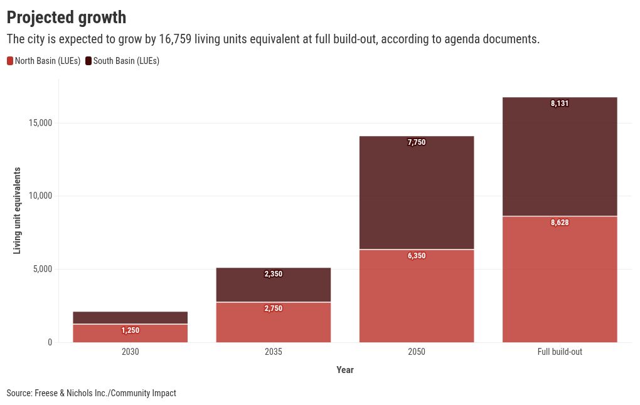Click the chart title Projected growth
point(66,18)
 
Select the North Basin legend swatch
point(10,61)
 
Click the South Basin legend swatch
point(88,61)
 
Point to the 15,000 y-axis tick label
point(41,123)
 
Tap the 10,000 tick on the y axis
point(41,196)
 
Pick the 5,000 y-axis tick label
point(43,270)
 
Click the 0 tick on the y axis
point(50,342)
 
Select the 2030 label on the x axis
point(131,352)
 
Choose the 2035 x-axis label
point(274,352)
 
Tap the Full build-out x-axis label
point(560,352)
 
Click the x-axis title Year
point(345,370)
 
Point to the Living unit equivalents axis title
point(18,210)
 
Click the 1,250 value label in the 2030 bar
point(131,330)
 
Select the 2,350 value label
point(274,274)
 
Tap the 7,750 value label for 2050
point(417,142)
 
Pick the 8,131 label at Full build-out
point(560,103)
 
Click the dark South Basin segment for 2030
point(131,317)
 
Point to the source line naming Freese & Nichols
point(92,393)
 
